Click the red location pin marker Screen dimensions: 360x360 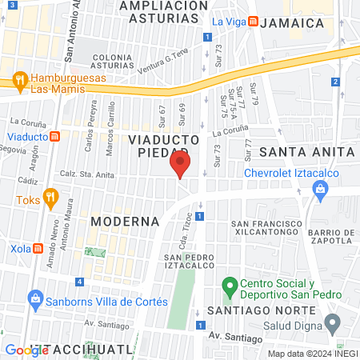pyautogui.click(x=180, y=166)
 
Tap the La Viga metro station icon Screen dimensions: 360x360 pyautogui.click(x=252, y=22)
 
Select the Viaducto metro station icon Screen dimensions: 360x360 pyautogui.click(x=54, y=136)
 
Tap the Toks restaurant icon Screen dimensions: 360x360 pyautogui.click(x=50, y=197)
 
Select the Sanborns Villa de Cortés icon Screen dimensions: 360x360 pyautogui.click(x=34, y=302)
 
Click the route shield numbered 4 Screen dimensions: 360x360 pyautogui.click(x=80, y=281)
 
